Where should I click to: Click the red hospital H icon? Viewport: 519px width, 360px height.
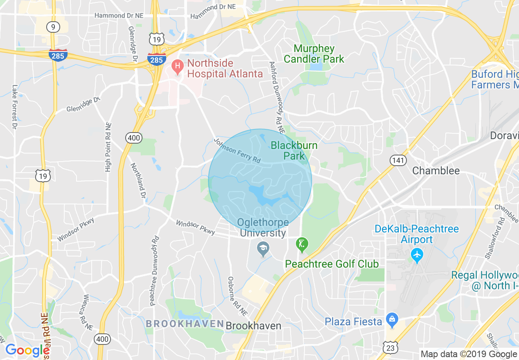[x=177, y=66]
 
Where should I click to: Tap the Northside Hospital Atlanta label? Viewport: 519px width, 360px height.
[x=225, y=69]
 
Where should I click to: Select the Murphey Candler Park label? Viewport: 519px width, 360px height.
[x=314, y=54]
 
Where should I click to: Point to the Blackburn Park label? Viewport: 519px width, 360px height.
[x=294, y=150]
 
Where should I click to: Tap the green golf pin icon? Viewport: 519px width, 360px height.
[x=302, y=245]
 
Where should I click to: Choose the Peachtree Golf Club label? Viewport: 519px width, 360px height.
[x=332, y=264]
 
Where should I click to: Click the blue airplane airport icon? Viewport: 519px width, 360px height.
[x=417, y=255]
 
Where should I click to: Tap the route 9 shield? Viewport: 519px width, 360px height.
[x=53, y=27]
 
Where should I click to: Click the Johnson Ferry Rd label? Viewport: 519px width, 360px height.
[x=237, y=151]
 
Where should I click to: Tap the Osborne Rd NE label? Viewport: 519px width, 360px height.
[x=237, y=296]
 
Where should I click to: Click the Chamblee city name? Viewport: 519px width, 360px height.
[x=436, y=171]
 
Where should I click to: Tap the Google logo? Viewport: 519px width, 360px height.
[x=27, y=350]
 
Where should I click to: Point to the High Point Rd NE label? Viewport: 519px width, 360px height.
[x=108, y=147]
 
